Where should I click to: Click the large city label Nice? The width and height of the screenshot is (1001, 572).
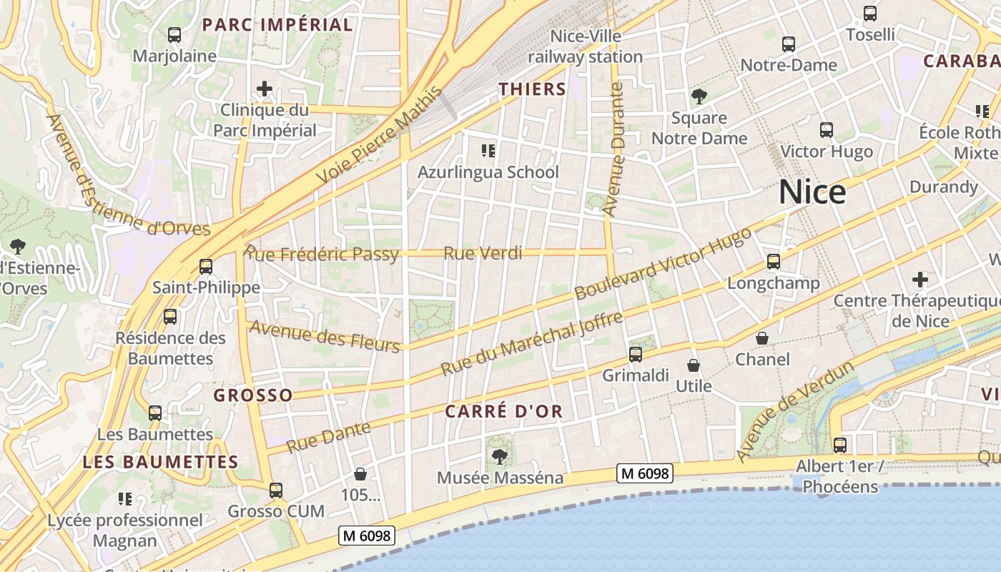coord(812,192)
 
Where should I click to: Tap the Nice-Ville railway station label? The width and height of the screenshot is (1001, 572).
coord(586,46)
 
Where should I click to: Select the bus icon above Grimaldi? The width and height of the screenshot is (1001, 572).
coord(635,354)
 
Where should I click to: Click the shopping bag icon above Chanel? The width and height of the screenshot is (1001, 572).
coord(762,338)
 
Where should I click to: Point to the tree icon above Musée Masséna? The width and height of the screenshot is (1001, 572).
coord(500,457)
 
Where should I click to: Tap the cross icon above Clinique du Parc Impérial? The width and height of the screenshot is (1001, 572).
coord(265,89)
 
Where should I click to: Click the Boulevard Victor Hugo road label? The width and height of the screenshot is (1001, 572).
coord(663,264)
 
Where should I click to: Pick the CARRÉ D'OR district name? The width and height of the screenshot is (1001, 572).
coord(504,412)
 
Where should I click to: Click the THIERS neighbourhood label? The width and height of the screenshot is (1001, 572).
coord(532,89)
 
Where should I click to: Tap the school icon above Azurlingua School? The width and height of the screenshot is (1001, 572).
coord(488,151)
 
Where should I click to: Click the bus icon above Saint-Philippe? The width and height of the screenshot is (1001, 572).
coord(206,267)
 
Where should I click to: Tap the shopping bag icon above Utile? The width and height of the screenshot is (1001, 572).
coord(693,365)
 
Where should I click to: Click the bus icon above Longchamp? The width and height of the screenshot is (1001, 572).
coord(773,262)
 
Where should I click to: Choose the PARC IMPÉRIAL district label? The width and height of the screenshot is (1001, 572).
coord(277,25)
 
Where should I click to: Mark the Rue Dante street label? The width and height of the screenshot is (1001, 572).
coord(329,437)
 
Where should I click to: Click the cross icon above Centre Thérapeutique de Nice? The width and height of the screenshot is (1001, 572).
coord(919,280)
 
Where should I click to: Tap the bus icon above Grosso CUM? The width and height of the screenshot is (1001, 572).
coord(276,490)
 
